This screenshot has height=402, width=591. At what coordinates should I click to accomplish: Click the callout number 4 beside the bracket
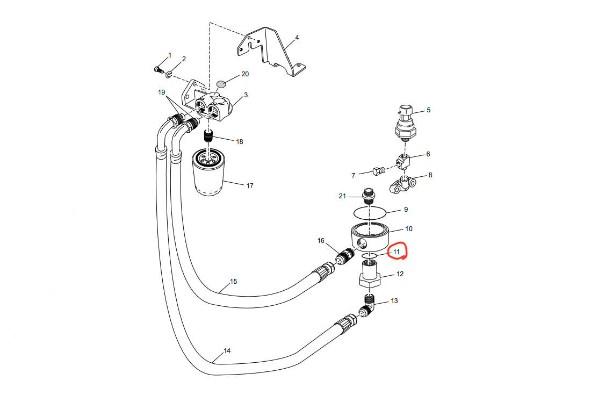pos(297,38)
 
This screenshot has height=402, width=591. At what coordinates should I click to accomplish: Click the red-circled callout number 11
pos(397,252)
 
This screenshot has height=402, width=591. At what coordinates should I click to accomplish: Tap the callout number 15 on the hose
pos(233,282)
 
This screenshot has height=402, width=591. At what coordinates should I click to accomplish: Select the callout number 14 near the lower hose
pos(227,351)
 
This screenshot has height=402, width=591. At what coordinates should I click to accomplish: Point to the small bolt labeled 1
pos(158,69)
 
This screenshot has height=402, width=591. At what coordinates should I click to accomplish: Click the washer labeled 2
pos(168,74)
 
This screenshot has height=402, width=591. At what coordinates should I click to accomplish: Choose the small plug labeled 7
pos(377,171)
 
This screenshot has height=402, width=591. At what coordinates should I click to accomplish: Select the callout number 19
pos(161,92)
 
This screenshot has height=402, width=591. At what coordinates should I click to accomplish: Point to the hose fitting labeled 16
pos(342,259)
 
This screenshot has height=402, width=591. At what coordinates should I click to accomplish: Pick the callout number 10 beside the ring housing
pos(408,229)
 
